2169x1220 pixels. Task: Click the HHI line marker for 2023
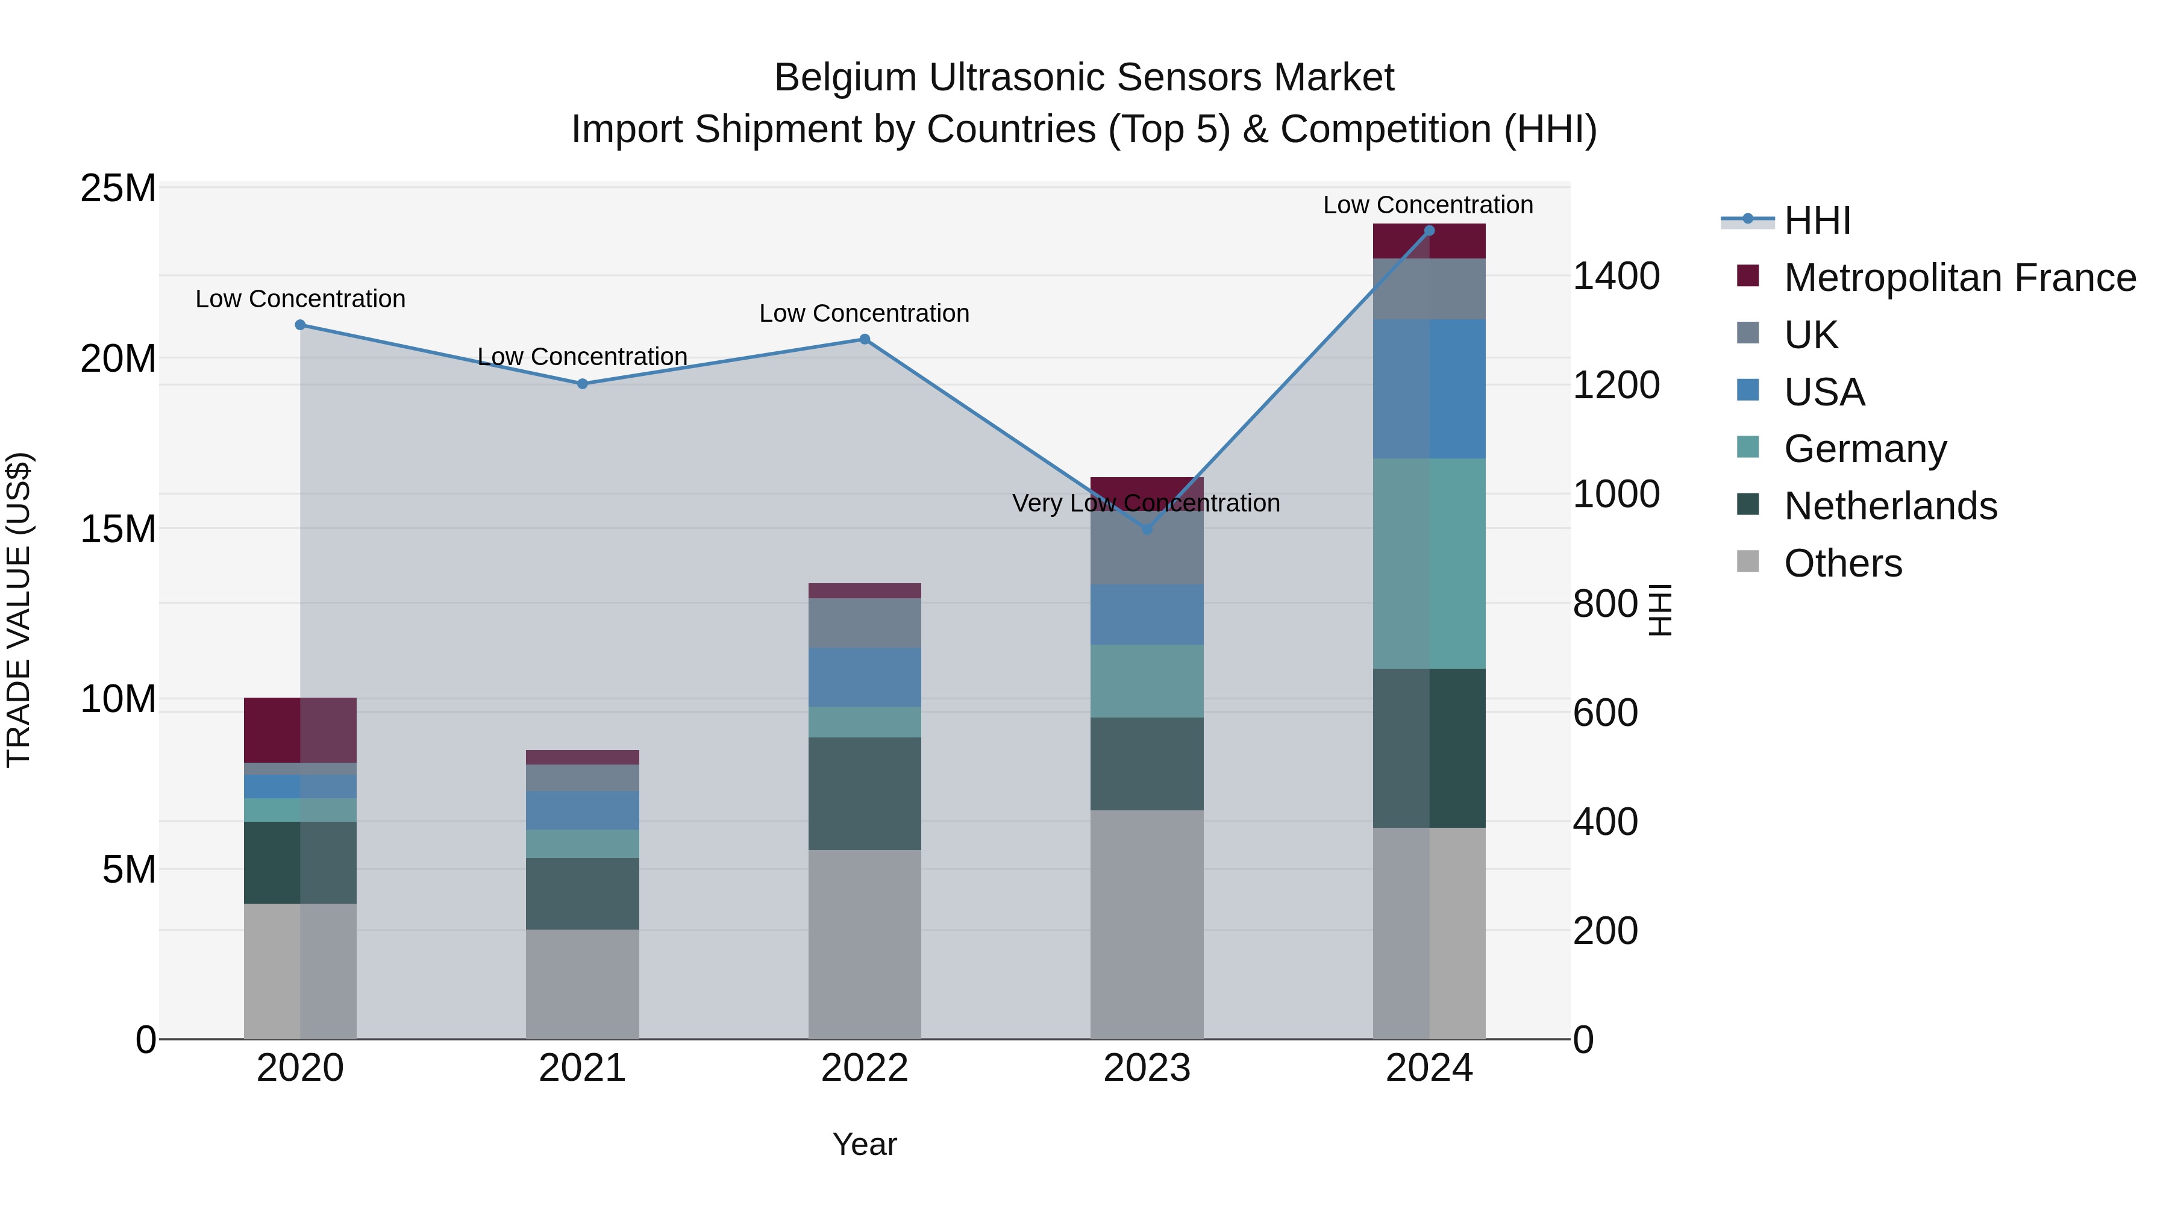(x=1147, y=529)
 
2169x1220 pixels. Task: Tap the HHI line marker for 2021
(x=582, y=384)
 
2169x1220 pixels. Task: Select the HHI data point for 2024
(x=1429, y=231)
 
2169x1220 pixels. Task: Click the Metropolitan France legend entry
(x=1959, y=278)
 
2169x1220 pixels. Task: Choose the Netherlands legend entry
(x=1889, y=506)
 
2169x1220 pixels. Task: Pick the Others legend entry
(x=1842, y=563)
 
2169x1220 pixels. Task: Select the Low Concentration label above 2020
(x=301, y=299)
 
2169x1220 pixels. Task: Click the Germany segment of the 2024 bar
(x=1429, y=563)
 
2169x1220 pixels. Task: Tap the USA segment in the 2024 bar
(x=1429, y=389)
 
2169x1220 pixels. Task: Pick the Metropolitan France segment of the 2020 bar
(x=301, y=730)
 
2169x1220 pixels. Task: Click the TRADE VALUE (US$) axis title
(x=19, y=610)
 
